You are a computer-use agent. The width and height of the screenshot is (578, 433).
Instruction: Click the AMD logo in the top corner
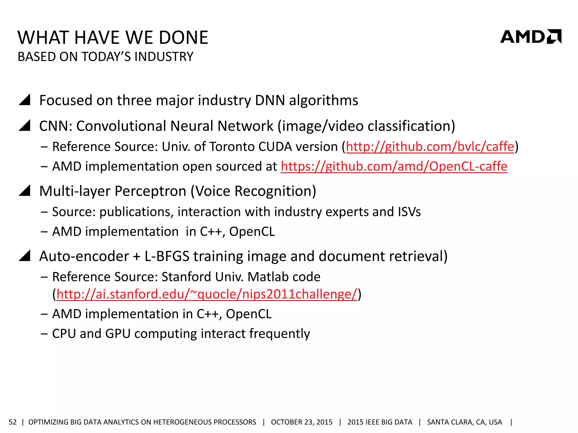[530, 37]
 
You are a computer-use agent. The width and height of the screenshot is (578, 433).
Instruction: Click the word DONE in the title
[183, 38]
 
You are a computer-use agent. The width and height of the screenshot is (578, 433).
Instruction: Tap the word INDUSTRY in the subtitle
[164, 57]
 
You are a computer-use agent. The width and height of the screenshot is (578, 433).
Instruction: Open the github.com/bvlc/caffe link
[430, 147]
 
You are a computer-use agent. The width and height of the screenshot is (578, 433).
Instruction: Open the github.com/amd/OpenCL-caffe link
[394, 166]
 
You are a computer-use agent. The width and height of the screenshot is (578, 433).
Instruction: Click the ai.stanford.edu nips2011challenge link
[207, 294]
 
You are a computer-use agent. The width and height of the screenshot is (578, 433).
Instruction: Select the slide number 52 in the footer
[13, 422]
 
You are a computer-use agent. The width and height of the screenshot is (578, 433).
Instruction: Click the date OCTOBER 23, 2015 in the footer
[301, 422]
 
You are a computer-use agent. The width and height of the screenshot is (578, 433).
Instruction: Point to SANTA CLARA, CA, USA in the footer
[464, 422]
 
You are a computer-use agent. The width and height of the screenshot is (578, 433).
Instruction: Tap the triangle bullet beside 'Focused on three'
[25, 100]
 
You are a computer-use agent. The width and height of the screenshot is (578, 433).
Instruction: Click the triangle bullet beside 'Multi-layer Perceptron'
[25, 191]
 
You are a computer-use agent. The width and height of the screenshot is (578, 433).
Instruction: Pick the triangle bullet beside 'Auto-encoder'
[25, 256]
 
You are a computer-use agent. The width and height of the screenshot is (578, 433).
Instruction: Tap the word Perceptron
[150, 191]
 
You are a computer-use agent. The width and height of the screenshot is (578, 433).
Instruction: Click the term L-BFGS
[167, 256]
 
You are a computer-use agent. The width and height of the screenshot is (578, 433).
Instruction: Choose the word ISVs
[409, 212]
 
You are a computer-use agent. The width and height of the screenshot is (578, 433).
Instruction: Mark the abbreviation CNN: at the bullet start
[56, 126]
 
